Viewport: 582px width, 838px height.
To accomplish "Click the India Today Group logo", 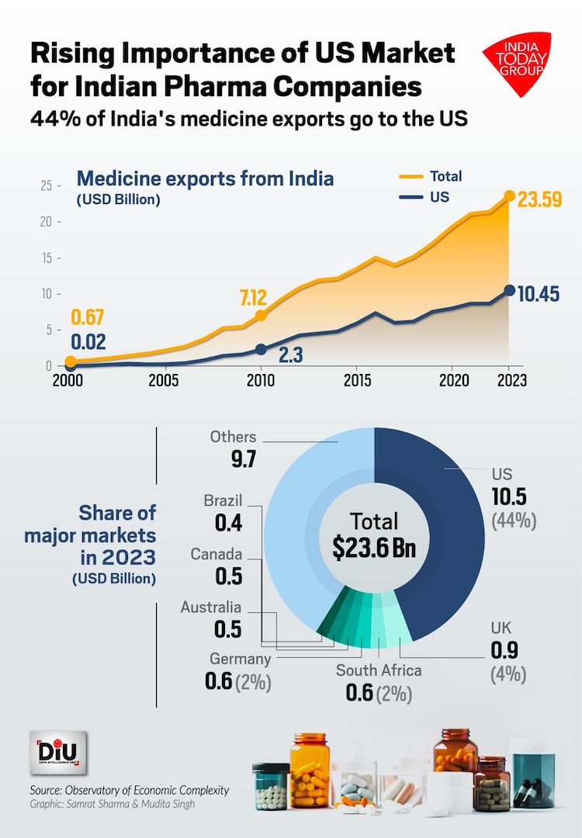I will coord(517,64).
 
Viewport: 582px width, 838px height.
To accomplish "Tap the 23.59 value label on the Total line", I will coord(539,200).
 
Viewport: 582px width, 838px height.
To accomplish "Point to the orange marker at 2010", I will coord(261,315).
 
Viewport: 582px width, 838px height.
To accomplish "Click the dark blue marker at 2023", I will coord(509,290).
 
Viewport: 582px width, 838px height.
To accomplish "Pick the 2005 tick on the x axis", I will coord(161,381).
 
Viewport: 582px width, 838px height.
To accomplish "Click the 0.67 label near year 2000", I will coord(88,317).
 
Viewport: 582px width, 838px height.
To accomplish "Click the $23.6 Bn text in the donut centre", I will coord(374,548).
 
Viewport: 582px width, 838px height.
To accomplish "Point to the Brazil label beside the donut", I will coord(223,500).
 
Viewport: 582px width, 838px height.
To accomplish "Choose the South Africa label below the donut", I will coord(379,670).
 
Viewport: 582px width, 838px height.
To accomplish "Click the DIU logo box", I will coord(58,753).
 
